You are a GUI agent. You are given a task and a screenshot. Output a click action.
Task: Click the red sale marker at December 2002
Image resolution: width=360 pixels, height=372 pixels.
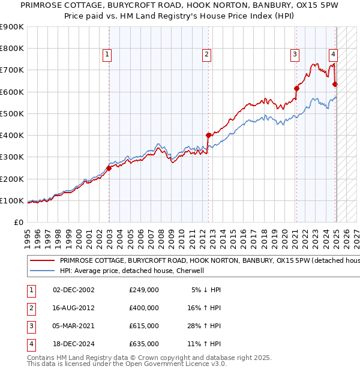coord(109,168)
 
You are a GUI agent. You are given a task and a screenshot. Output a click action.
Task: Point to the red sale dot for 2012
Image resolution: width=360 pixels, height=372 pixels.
coord(208,135)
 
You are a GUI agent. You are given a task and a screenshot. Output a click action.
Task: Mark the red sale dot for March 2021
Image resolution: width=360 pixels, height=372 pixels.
coord(296,88)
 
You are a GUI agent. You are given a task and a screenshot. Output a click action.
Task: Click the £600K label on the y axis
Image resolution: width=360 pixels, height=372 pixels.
coord(11,92)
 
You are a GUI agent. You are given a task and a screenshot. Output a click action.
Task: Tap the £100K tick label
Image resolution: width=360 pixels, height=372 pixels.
coord(11,200)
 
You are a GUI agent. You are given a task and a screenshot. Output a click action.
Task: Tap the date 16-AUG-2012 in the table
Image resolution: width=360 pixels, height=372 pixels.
coord(74,308)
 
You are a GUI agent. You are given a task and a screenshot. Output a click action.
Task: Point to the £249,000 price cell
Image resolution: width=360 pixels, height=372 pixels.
coord(144,290)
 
